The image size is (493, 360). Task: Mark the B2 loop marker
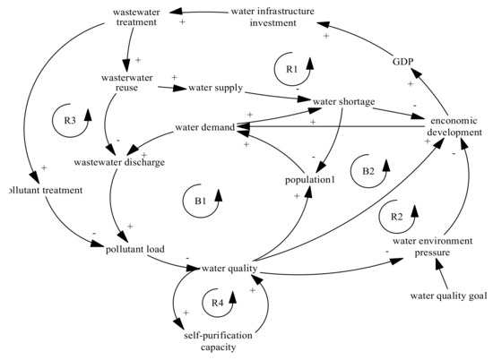[x=367, y=169]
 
